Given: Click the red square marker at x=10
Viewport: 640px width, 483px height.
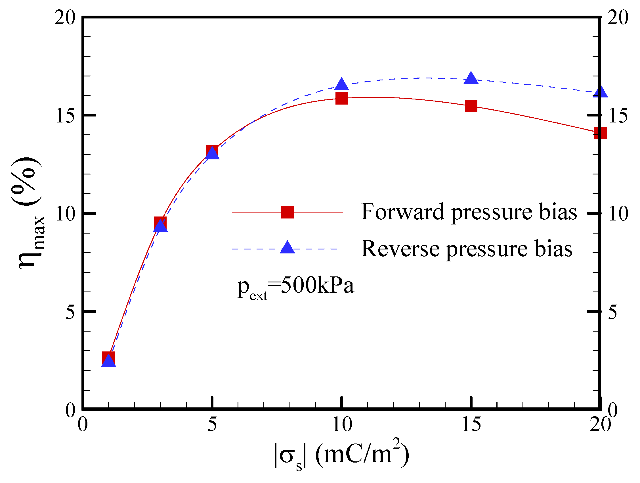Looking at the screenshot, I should tap(342, 99).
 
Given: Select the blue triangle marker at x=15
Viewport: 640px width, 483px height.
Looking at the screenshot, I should tap(471, 78).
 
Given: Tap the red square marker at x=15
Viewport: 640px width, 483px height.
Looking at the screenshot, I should tap(471, 106).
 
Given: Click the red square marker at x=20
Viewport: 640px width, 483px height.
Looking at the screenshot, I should tap(600, 133).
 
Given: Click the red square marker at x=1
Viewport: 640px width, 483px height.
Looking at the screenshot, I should tap(108, 358).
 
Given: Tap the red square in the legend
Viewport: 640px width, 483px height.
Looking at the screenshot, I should tap(287, 212).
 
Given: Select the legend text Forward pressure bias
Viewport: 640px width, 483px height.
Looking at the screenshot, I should tap(469, 212).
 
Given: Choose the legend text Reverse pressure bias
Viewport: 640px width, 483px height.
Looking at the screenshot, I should tap(467, 249).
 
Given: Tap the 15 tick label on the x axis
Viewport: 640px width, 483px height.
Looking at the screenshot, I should tap(471, 425).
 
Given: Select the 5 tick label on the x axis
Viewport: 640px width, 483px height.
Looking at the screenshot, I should tap(212, 425).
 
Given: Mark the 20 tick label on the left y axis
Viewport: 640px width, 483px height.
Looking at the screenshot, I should tap(65, 18).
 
